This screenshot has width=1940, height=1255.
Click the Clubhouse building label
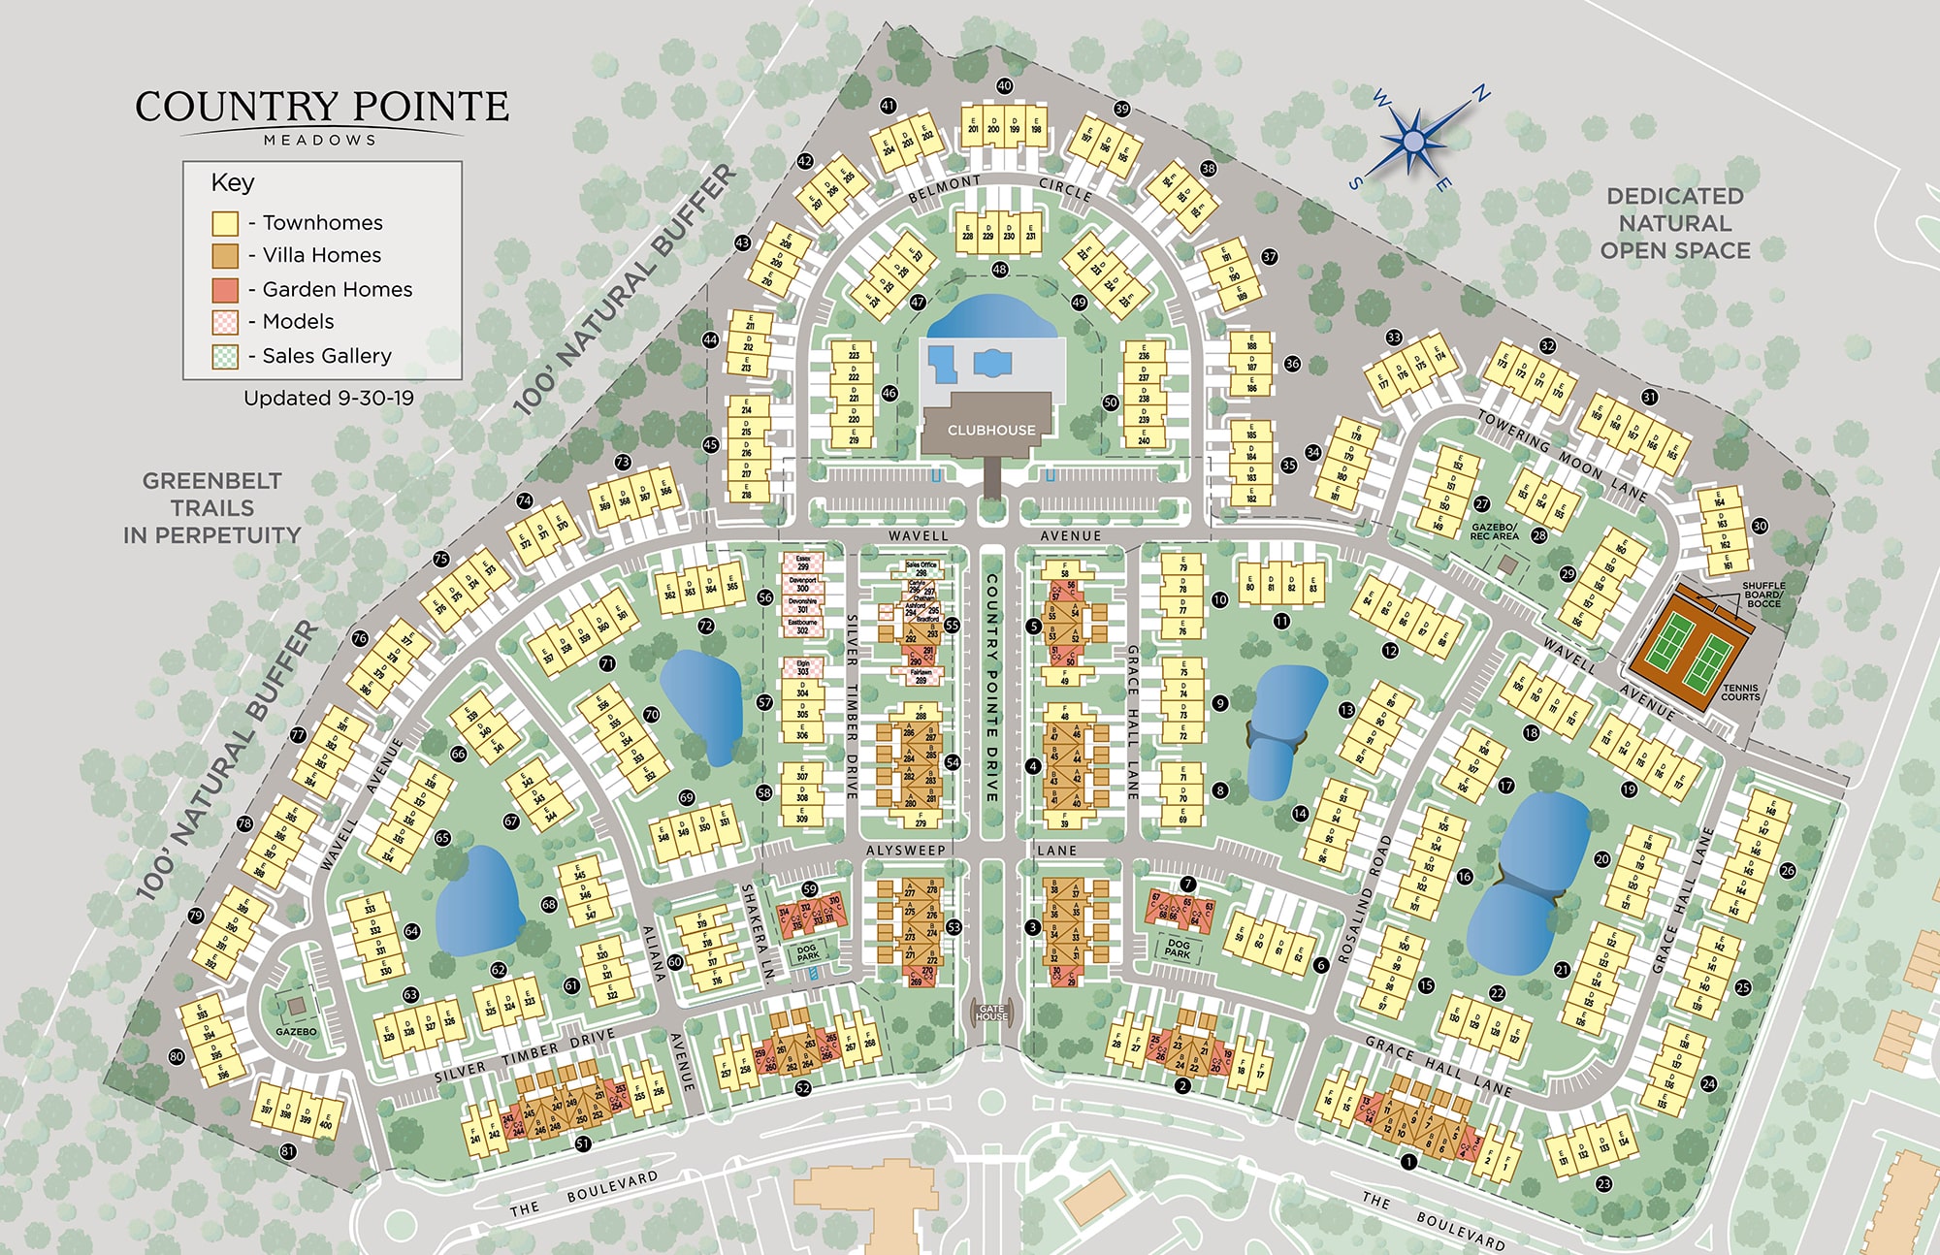tap(990, 430)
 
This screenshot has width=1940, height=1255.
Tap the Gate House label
tap(991, 1013)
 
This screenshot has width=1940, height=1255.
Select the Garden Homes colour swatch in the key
tap(225, 289)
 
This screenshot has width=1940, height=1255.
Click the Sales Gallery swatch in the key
tap(225, 356)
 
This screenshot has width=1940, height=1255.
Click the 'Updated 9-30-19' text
tap(328, 398)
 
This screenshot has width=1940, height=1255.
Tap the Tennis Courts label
tap(1740, 692)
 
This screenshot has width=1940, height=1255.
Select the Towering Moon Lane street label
tap(1562, 455)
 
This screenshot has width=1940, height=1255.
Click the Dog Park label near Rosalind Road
tap(1178, 948)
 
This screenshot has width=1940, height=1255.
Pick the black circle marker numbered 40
tap(1004, 86)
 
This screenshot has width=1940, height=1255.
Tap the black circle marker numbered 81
tap(287, 1151)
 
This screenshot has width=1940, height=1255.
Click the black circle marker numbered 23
tap(1603, 1183)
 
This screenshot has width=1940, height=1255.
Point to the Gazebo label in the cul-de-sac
tap(296, 1031)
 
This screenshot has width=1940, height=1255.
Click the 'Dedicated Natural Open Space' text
tap(1675, 223)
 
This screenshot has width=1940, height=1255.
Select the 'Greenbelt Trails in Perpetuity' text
tap(211, 507)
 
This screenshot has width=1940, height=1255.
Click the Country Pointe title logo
tap(321, 114)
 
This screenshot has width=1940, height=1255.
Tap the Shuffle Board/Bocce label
tap(1763, 595)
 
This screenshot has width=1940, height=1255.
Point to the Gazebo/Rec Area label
tap(1494, 531)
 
